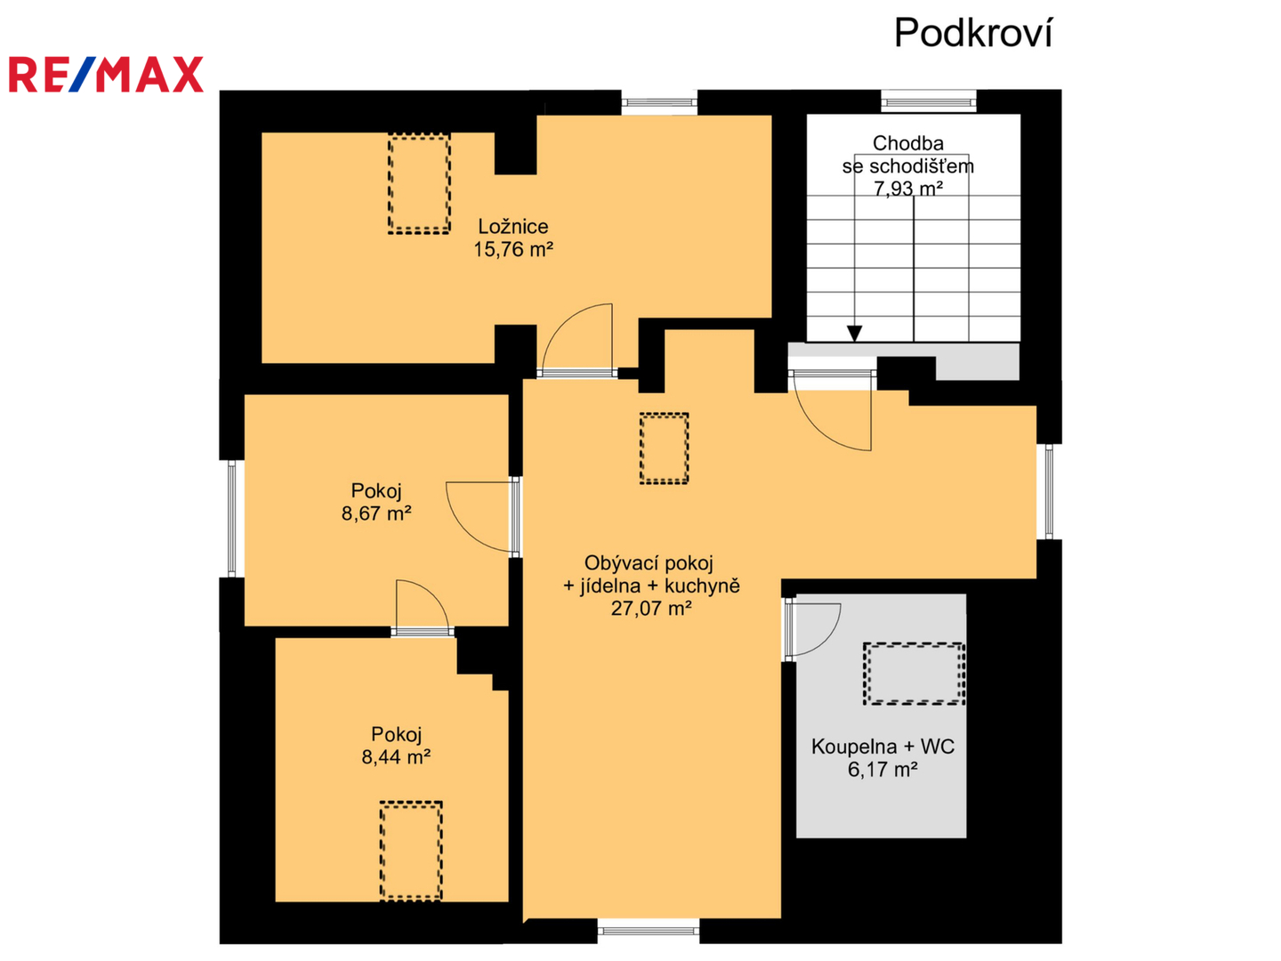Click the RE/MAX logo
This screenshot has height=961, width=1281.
[x=106, y=74]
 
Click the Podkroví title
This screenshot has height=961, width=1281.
[x=972, y=33]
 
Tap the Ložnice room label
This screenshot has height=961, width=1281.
[x=513, y=226]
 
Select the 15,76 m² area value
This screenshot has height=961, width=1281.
[x=513, y=250]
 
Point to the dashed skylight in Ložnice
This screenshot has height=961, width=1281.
[x=419, y=184]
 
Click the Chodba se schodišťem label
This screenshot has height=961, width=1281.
[x=907, y=154]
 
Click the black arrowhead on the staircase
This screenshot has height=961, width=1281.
[x=854, y=333]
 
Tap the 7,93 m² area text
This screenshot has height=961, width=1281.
[x=908, y=189]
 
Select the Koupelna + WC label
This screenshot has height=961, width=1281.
[x=882, y=747]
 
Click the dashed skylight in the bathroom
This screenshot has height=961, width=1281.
[x=914, y=674]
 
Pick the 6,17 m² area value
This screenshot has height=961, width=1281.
[x=882, y=770]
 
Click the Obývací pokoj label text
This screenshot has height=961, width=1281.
[x=649, y=563]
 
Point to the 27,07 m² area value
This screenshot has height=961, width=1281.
[x=651, y=609]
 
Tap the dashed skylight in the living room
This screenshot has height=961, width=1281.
[x=665, y=448]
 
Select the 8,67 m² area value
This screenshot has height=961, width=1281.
[x=376, y=513]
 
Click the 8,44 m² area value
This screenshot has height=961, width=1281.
[x=396, y=757]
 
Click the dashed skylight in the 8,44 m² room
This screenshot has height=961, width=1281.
[x=411, y=851]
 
